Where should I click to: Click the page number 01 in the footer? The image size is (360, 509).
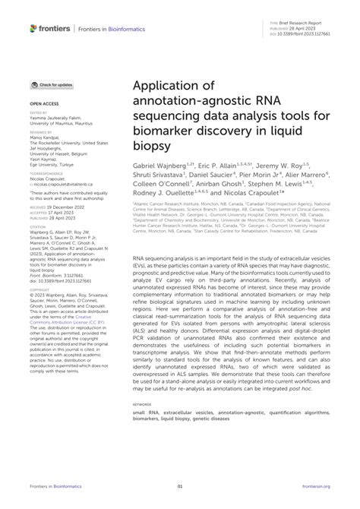tap(180, 485)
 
